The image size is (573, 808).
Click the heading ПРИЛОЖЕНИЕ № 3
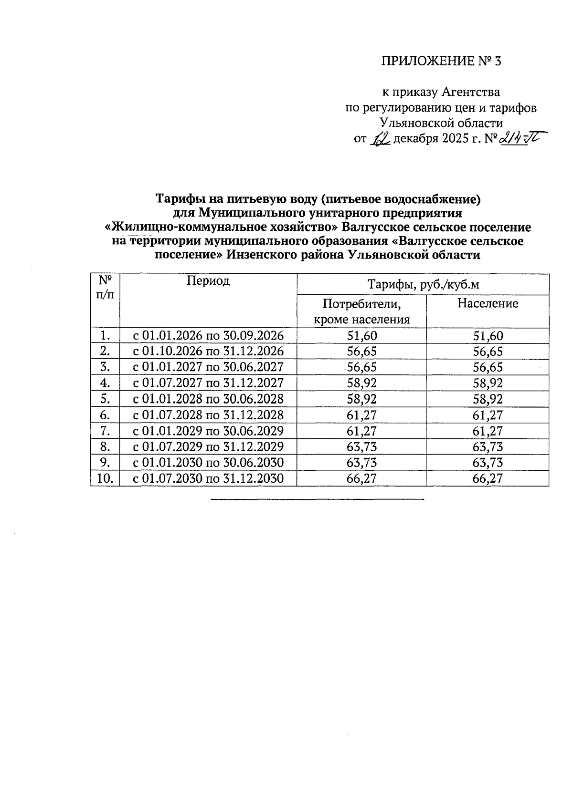(442, 61)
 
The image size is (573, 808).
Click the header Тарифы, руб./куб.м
(423, 285)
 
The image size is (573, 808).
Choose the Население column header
(488, 303)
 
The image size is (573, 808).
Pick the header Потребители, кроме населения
(361, 311)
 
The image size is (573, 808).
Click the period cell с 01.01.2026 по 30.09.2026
(208, 336)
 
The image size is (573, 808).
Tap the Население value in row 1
(488, 336)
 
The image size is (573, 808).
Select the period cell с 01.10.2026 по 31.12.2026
(208, 352)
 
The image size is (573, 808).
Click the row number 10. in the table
(105, 478)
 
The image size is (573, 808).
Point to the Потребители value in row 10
(361, 478)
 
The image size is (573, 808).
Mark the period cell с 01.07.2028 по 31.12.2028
(208, 415)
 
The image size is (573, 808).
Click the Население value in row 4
(488, 383)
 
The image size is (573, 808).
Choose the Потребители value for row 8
(361, 447)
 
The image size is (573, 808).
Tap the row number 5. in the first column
(105, 399)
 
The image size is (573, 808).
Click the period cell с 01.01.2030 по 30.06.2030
(208, 463)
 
